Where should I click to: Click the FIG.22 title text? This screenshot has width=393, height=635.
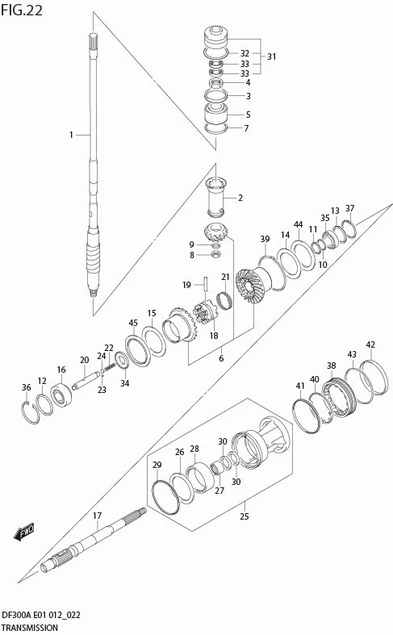[x=22, y=10]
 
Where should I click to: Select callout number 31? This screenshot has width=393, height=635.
[x=271, y=56]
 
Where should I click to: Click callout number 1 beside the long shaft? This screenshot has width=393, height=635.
[x=71, y=135]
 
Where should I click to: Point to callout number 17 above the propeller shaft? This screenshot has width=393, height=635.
[x=97, y=516]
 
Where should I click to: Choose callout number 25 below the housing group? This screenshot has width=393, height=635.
[x=245, y=516]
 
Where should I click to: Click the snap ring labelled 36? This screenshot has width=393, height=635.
[x=31, y=412]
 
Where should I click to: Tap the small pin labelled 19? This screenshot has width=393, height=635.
[x=207, y=284]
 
